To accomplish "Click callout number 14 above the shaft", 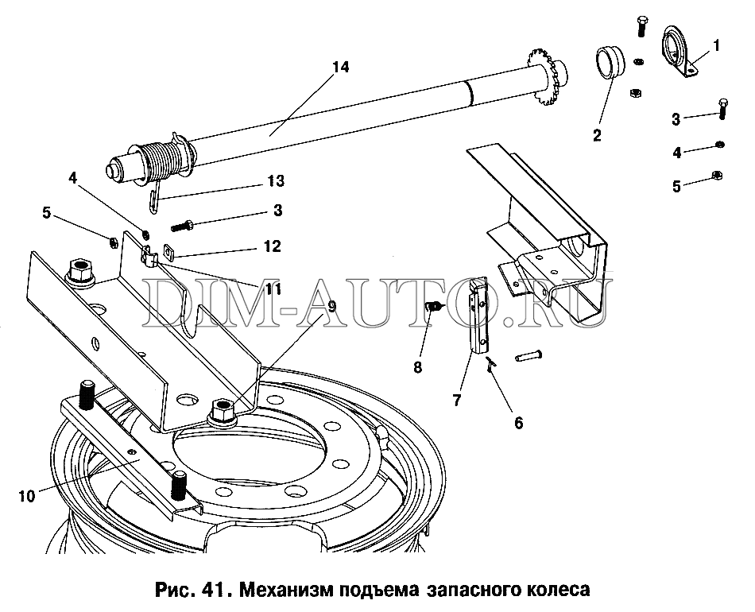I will (x=340, y=67).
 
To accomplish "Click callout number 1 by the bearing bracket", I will (x=716, y=45).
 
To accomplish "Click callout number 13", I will (x=276, y=180).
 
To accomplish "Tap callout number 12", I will (x=272, y=247).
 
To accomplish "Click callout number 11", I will (x=273, y=287).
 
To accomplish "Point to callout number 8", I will (x=418, y=367).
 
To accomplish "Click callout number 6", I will (x=519, y=422).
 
